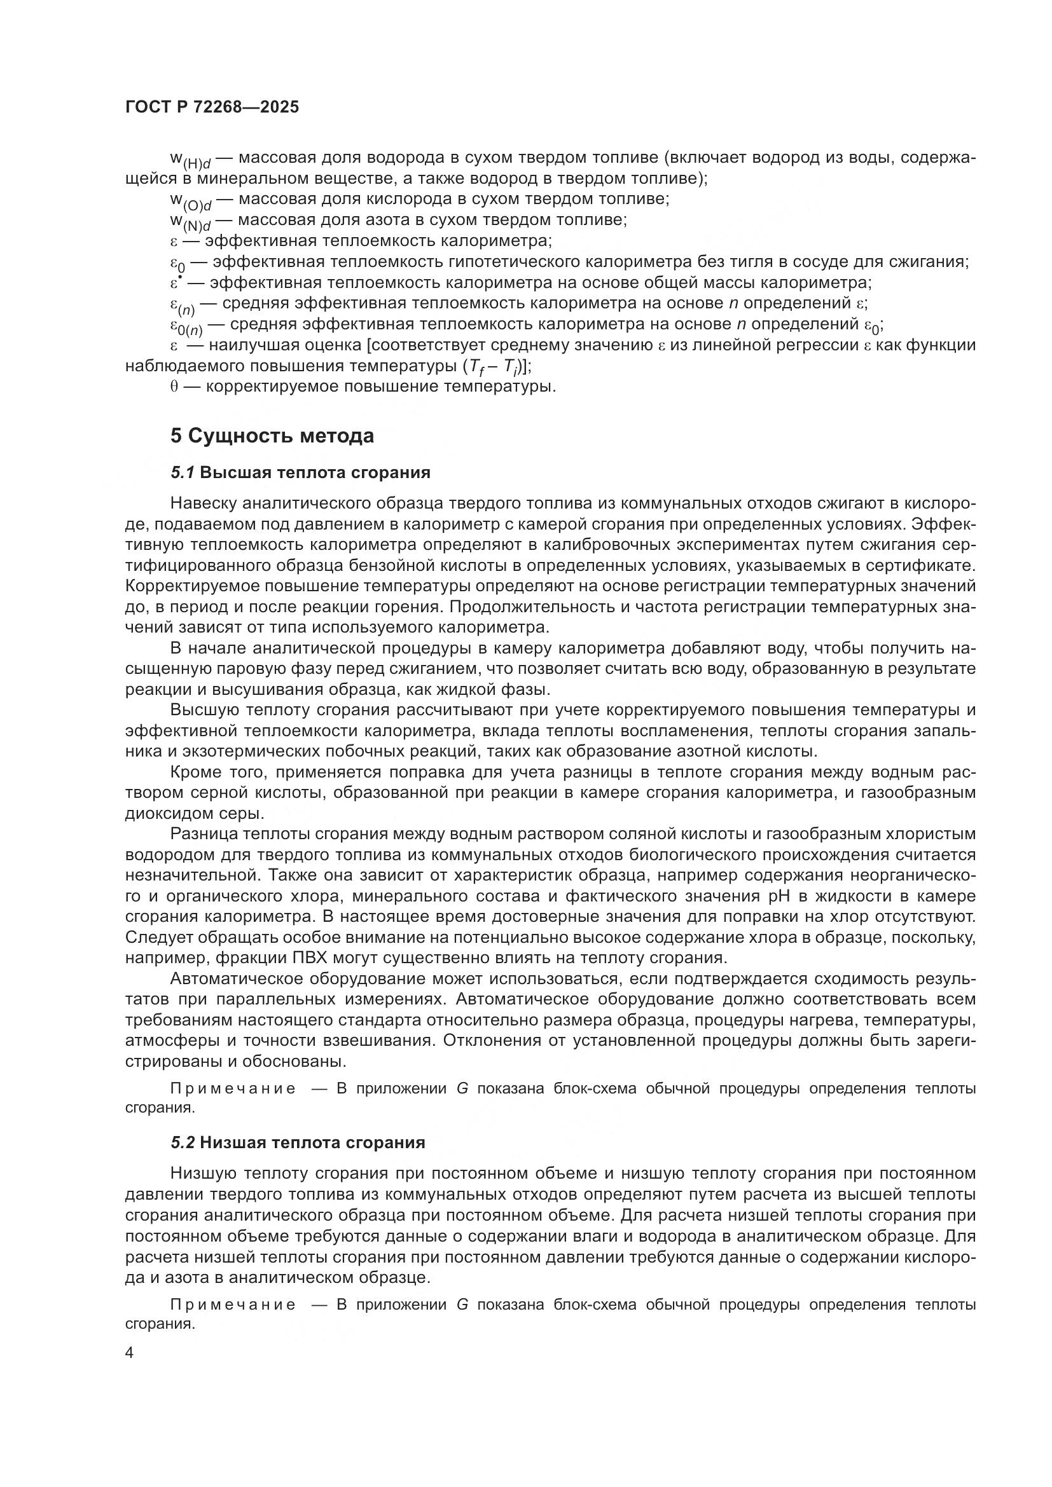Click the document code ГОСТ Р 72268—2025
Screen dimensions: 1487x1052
(212, 107)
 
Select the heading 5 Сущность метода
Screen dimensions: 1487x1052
(272, 436)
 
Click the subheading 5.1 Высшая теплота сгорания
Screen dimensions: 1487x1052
(301, 472)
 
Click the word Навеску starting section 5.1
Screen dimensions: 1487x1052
(204, 504)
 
